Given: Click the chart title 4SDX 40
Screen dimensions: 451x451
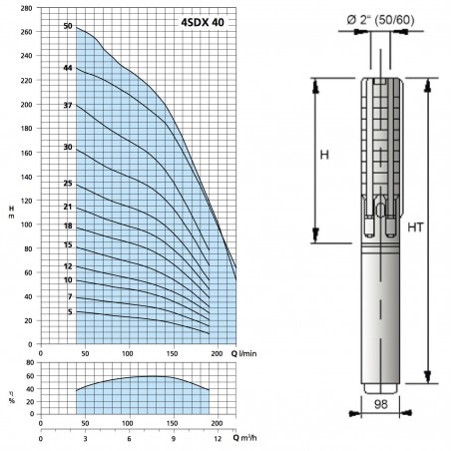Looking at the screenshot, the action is click(203, 22).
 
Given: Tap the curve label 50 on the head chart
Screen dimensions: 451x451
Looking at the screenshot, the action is click(68, 26).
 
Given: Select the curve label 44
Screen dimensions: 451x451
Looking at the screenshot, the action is click(68, 68).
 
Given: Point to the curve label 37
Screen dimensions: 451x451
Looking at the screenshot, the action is click(68, 106).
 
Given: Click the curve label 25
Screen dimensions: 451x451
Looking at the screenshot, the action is click(68, 184).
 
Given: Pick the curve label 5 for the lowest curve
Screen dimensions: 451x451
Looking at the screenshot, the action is click(70, 312).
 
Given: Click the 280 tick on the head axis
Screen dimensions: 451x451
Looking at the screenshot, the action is click(26, 8).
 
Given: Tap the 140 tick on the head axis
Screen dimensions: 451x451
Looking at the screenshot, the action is click(26, 177).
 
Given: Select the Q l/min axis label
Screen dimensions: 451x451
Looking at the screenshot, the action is click(244, 353).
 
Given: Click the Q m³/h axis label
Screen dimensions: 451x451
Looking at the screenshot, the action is click(244, 438).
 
